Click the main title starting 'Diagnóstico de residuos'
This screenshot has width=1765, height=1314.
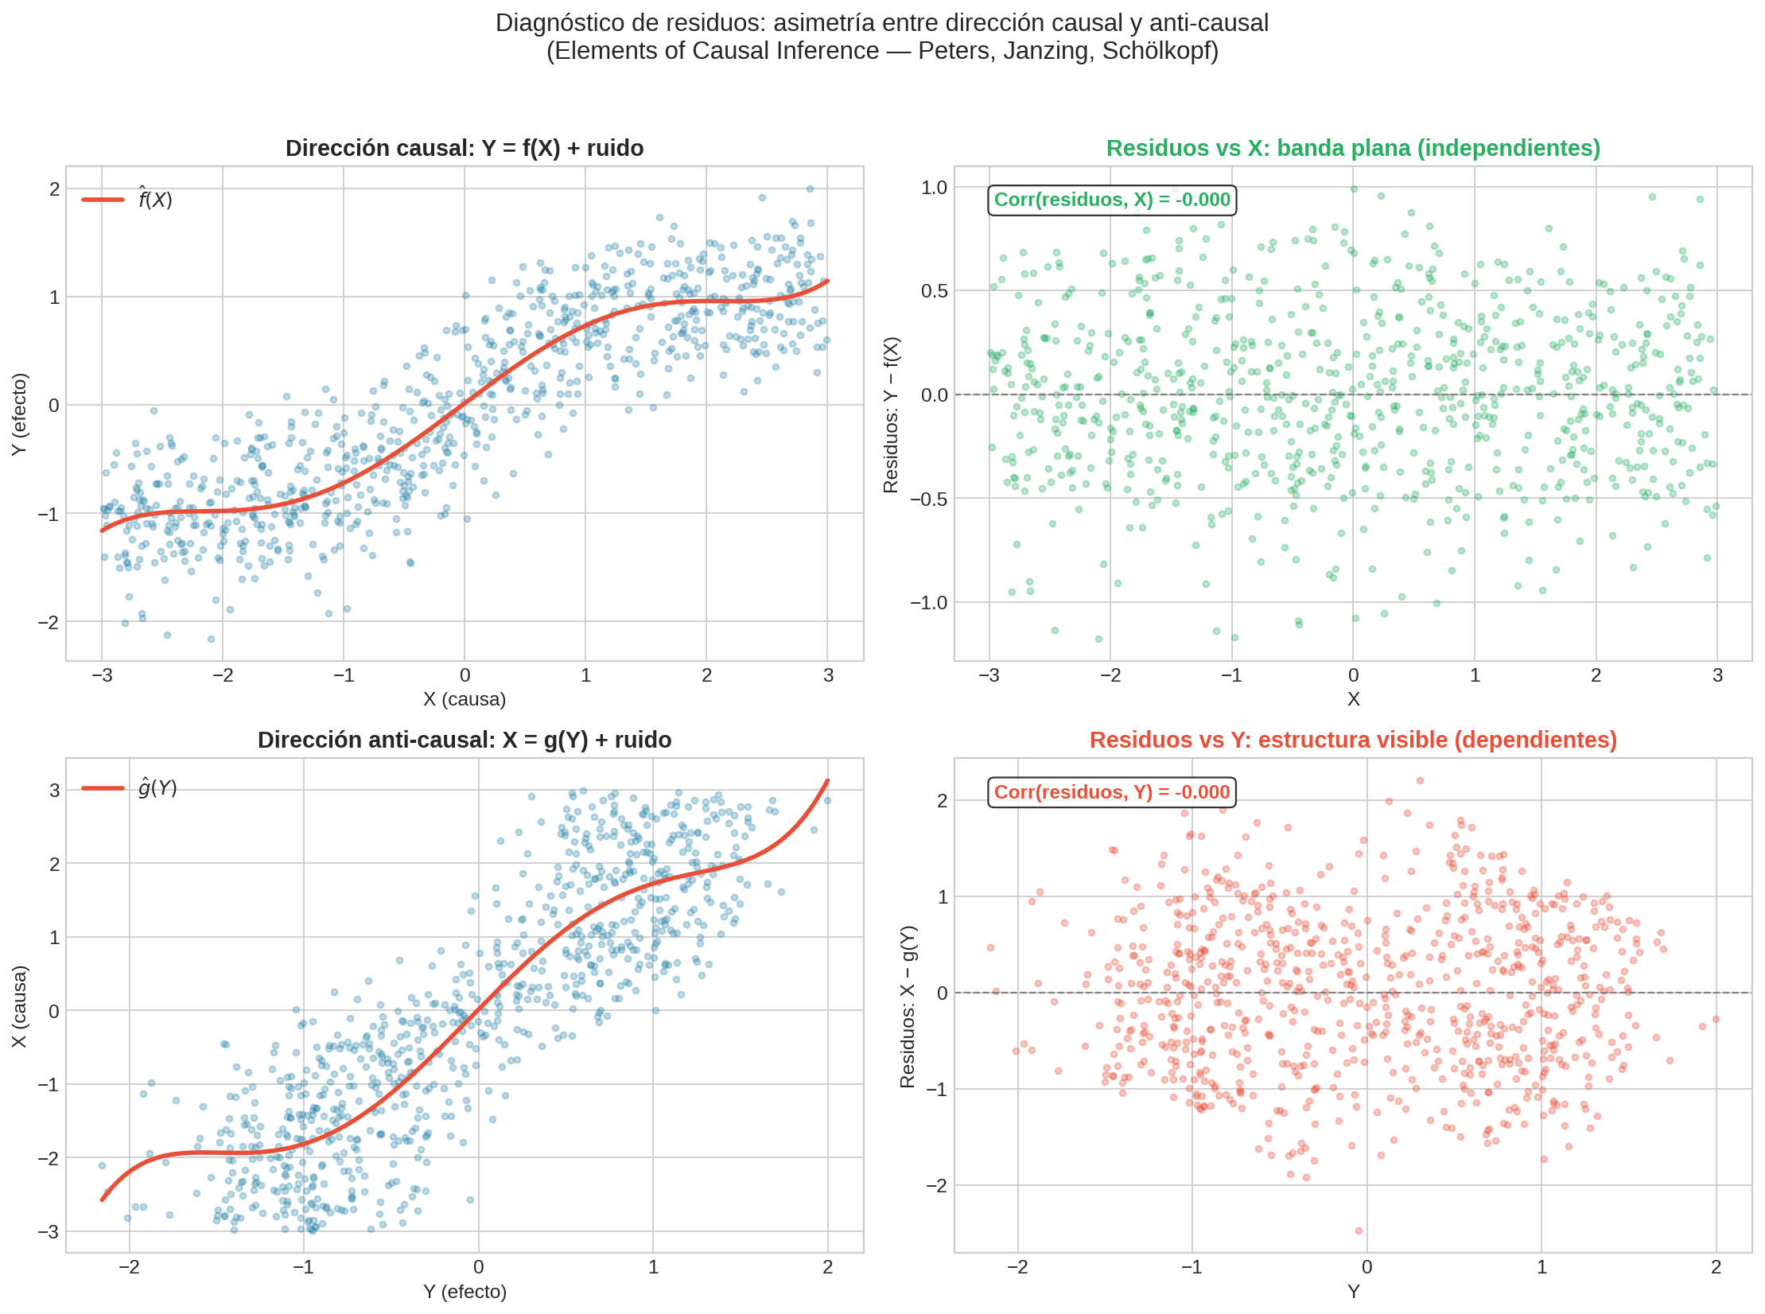[881, 23]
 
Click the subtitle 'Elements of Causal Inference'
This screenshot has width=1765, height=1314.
[881, 51]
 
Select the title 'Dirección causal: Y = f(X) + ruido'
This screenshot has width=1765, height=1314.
[465, 149]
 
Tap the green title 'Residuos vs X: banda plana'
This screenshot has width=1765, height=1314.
[1352, 149]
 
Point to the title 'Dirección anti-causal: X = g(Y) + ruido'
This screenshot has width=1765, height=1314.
[465, 741]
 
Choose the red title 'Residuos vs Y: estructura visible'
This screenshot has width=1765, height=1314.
[1352, 741]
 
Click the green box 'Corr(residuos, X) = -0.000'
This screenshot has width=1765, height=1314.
[1112, 200]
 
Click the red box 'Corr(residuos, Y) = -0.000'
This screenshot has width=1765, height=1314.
[1112, 792]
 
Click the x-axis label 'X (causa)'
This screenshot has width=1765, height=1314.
[465, 699]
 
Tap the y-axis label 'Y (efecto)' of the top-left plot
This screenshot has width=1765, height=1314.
[19, 414]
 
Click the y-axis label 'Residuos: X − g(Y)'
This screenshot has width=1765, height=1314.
[908, 1006]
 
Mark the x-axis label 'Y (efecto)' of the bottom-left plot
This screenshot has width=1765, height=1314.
[465, 1292]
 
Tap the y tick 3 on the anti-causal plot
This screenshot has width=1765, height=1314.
[54, 791]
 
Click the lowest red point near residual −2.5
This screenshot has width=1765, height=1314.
[1359, 1231]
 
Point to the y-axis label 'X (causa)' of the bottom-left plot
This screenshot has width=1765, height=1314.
[19, 1006]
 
